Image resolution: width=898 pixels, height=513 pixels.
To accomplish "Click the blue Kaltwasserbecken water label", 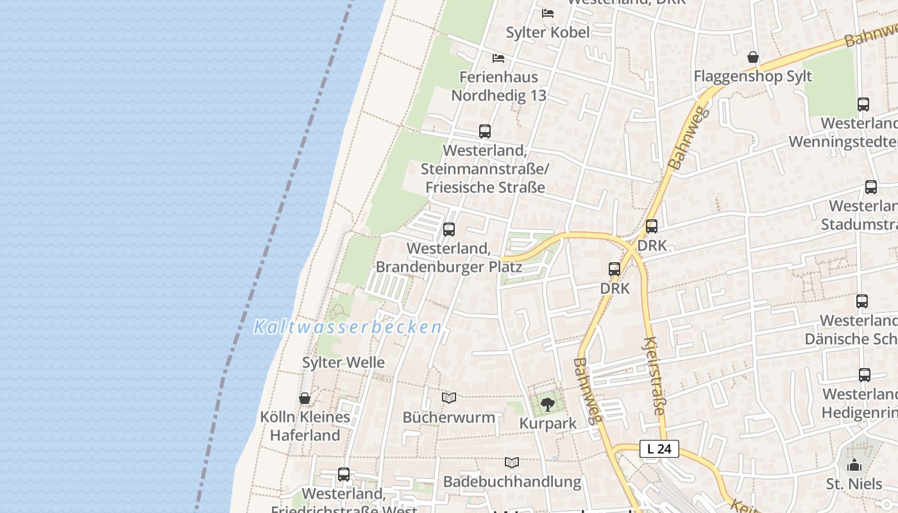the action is (x=348, y=327).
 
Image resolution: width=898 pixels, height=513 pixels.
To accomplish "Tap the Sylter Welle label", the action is (x=343, y=362).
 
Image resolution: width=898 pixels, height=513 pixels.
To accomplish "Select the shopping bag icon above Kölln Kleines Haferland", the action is (x=305, y=398).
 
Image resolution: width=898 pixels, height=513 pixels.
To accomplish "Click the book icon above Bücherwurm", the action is (x=449, y=398).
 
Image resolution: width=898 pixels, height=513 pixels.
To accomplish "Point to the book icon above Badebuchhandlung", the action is (x=511, y=462).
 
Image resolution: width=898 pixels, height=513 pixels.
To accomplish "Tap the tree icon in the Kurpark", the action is (x=547, y=404).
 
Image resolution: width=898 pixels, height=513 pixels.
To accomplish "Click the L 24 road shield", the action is (x=659, y=449).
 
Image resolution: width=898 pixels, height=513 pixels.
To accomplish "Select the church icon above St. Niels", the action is (x=854, y=465).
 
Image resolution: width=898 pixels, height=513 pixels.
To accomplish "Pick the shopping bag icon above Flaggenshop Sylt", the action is (x=753, y=58).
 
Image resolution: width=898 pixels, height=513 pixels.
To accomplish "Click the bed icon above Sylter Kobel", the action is (x=547, y=13).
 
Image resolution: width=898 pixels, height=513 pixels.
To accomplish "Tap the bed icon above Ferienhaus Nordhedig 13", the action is (x=498, y=58).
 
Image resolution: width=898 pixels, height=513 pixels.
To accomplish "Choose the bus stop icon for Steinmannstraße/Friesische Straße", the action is (x=485, y=131).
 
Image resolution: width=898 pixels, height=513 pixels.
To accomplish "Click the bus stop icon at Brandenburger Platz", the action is (x=449, y=229).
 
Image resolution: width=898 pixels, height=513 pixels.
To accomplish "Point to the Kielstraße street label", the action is (x=654, y=376).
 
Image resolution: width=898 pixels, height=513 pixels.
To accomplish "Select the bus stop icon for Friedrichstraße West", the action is (x=344, y=475).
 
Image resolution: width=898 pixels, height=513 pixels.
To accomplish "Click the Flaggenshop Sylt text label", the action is (x=753, y=76).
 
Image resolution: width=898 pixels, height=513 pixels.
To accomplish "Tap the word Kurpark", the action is (x=548, y=423).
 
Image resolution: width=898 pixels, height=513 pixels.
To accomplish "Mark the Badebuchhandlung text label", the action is (x=512, y=482).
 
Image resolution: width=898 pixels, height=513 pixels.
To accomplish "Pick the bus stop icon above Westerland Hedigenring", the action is (x=865, y=375).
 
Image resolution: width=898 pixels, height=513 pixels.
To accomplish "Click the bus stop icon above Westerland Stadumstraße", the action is (x=870, y=187).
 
